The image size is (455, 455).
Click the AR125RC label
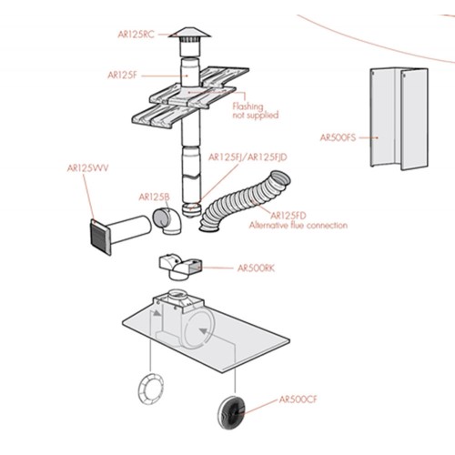coord(136,35)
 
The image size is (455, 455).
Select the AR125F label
coord(122,76)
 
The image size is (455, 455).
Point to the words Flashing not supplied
coord(256,111)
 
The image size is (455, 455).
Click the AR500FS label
coord(338,137)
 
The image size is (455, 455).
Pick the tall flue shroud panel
coord(399,118)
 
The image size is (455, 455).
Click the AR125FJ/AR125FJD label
coord(248,157)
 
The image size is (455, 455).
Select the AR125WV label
coord(87,168)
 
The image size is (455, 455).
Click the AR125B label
coord(154,197)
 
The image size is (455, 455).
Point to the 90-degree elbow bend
coord(167,221)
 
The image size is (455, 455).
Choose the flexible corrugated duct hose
coord(245,201)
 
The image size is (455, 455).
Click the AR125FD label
coord(288,216)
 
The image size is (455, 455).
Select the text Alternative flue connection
coord(298,226)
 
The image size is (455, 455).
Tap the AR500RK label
coord(256,268)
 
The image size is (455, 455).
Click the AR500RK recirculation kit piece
coord(180,266)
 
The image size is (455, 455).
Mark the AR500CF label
coord(298,399)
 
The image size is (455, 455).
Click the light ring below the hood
coord(151,389)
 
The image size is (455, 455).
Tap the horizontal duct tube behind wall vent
coord(129,229)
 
